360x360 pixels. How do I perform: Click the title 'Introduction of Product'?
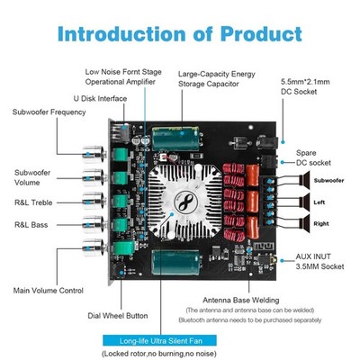tap(181, 35)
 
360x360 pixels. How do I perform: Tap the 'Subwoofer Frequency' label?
tap(49, 112)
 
